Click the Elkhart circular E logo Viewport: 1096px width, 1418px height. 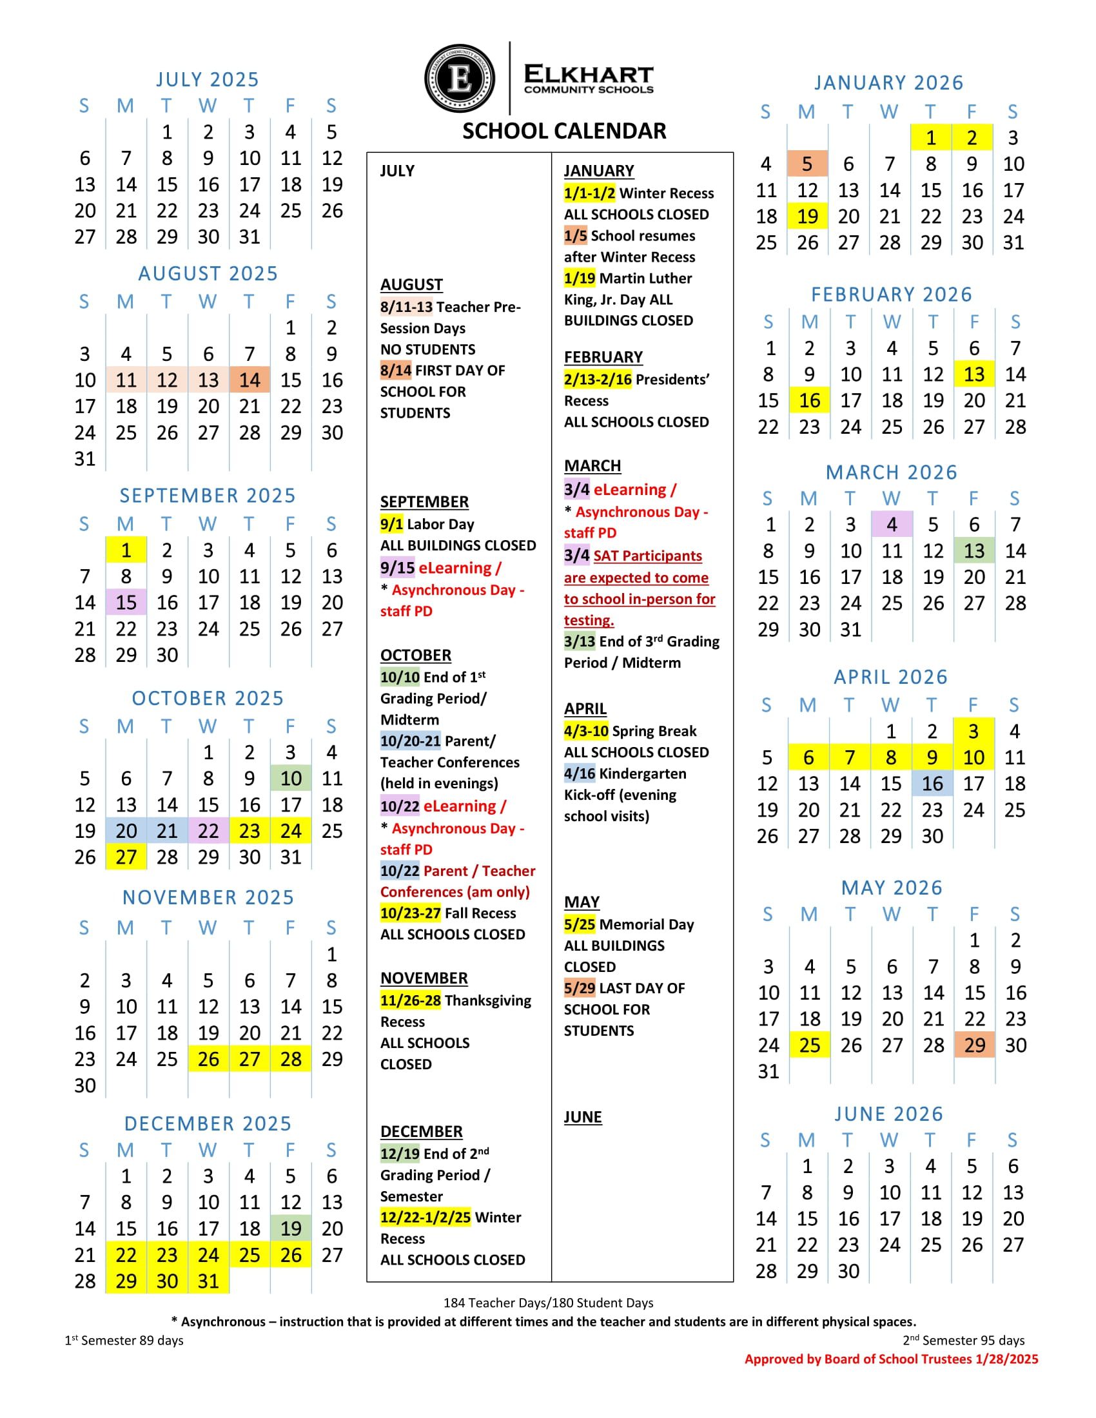tap(460, 79)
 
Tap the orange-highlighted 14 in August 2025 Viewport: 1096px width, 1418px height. tap(250, 380)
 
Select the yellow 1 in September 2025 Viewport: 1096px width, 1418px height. tap(126, 550)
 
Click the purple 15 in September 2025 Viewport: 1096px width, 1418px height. tap(126, 603)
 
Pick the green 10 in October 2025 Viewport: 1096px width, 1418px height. tap(291, 779)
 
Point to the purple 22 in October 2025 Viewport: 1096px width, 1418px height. tap(208, 831)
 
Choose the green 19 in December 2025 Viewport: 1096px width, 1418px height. tap(291, 1229)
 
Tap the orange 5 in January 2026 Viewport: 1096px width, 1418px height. tap(807, 164)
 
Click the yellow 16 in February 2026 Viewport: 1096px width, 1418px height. tap(810, 401)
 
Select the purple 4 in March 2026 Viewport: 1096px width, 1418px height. tap(892, 525)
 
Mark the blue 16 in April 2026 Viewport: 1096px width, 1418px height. tap(932, 784)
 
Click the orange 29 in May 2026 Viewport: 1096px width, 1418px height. tap(975, 1045)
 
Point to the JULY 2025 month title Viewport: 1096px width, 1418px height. tap(208, 79)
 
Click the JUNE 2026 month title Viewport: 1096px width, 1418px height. tap(889, 1114)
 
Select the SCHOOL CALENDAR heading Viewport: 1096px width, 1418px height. tap(564, 131)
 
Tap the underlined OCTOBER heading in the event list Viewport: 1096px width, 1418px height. tap(416, 655)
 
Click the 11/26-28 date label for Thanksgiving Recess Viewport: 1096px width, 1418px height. tap(410, 1000)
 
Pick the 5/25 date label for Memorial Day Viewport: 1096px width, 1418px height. tap(579, 924)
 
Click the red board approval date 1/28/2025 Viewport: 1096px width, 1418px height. tap(1006, 1359)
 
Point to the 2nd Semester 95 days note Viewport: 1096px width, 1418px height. tap(964, 1341)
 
